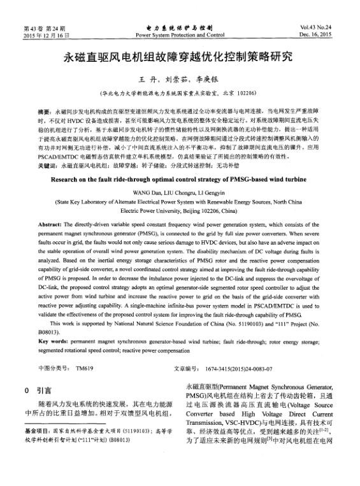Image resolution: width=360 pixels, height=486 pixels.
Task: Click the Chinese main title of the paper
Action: tap(180, 57)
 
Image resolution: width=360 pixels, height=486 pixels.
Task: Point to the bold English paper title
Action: tap(179, 179)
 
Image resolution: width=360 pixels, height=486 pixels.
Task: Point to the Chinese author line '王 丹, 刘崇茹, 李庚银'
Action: tap(179, 78)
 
